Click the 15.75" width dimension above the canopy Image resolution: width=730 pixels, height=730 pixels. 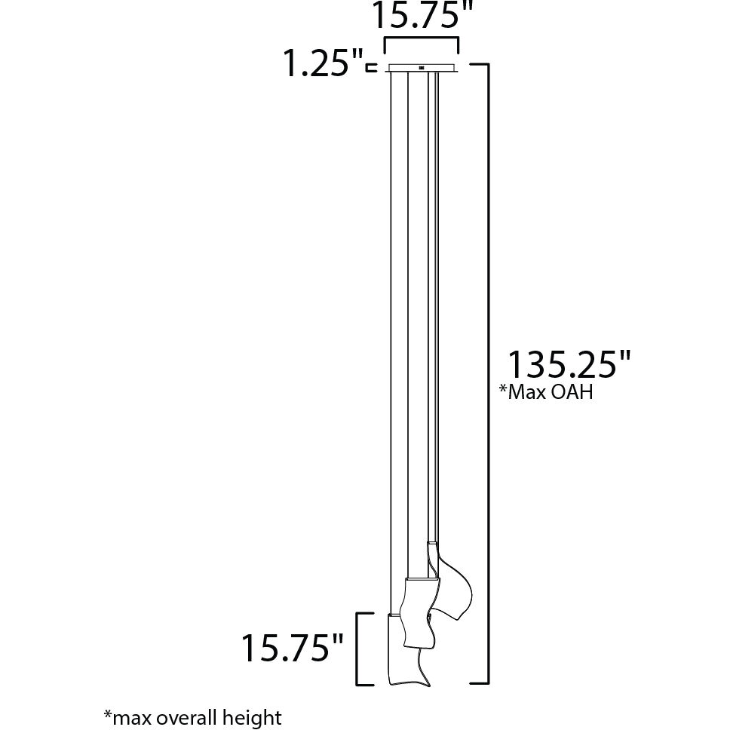(421, 17)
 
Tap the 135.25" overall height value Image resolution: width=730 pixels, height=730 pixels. (567, 365)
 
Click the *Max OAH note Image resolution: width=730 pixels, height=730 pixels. (545, 392)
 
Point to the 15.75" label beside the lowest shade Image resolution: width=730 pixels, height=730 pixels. (293, 647)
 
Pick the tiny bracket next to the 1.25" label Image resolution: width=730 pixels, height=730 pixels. (370, 68)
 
